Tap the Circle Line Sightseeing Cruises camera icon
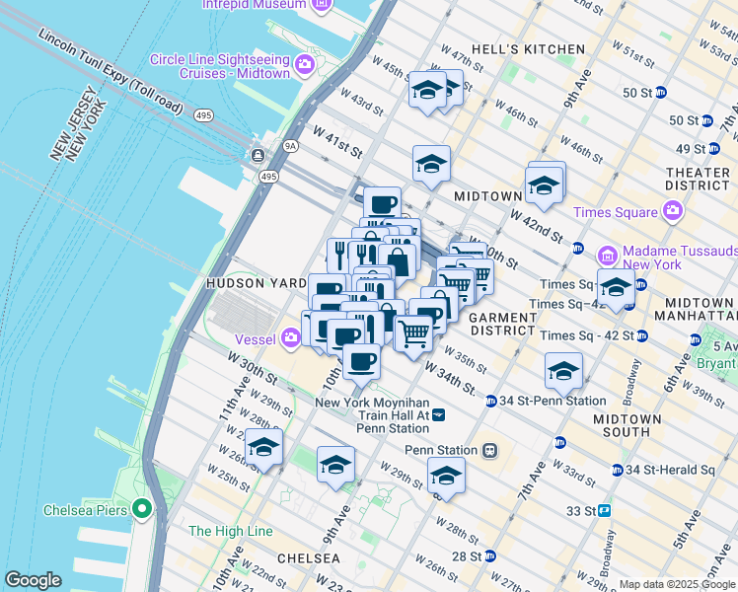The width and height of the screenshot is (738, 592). point(305,65)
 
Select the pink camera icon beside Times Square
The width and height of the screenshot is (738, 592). point(673,211)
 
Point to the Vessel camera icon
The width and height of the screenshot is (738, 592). point(290,337)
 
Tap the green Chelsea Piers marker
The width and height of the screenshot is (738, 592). point(142,510)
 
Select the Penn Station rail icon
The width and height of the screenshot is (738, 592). point(488,450)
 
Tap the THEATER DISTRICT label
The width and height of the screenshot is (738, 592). point(699,179)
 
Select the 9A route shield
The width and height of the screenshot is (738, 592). point(290,146)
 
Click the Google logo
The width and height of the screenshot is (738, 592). point(33,579)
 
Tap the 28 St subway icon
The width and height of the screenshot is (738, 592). point(490,556)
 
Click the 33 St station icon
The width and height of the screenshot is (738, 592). point(604,511)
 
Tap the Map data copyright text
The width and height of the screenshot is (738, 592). point(678,584)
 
